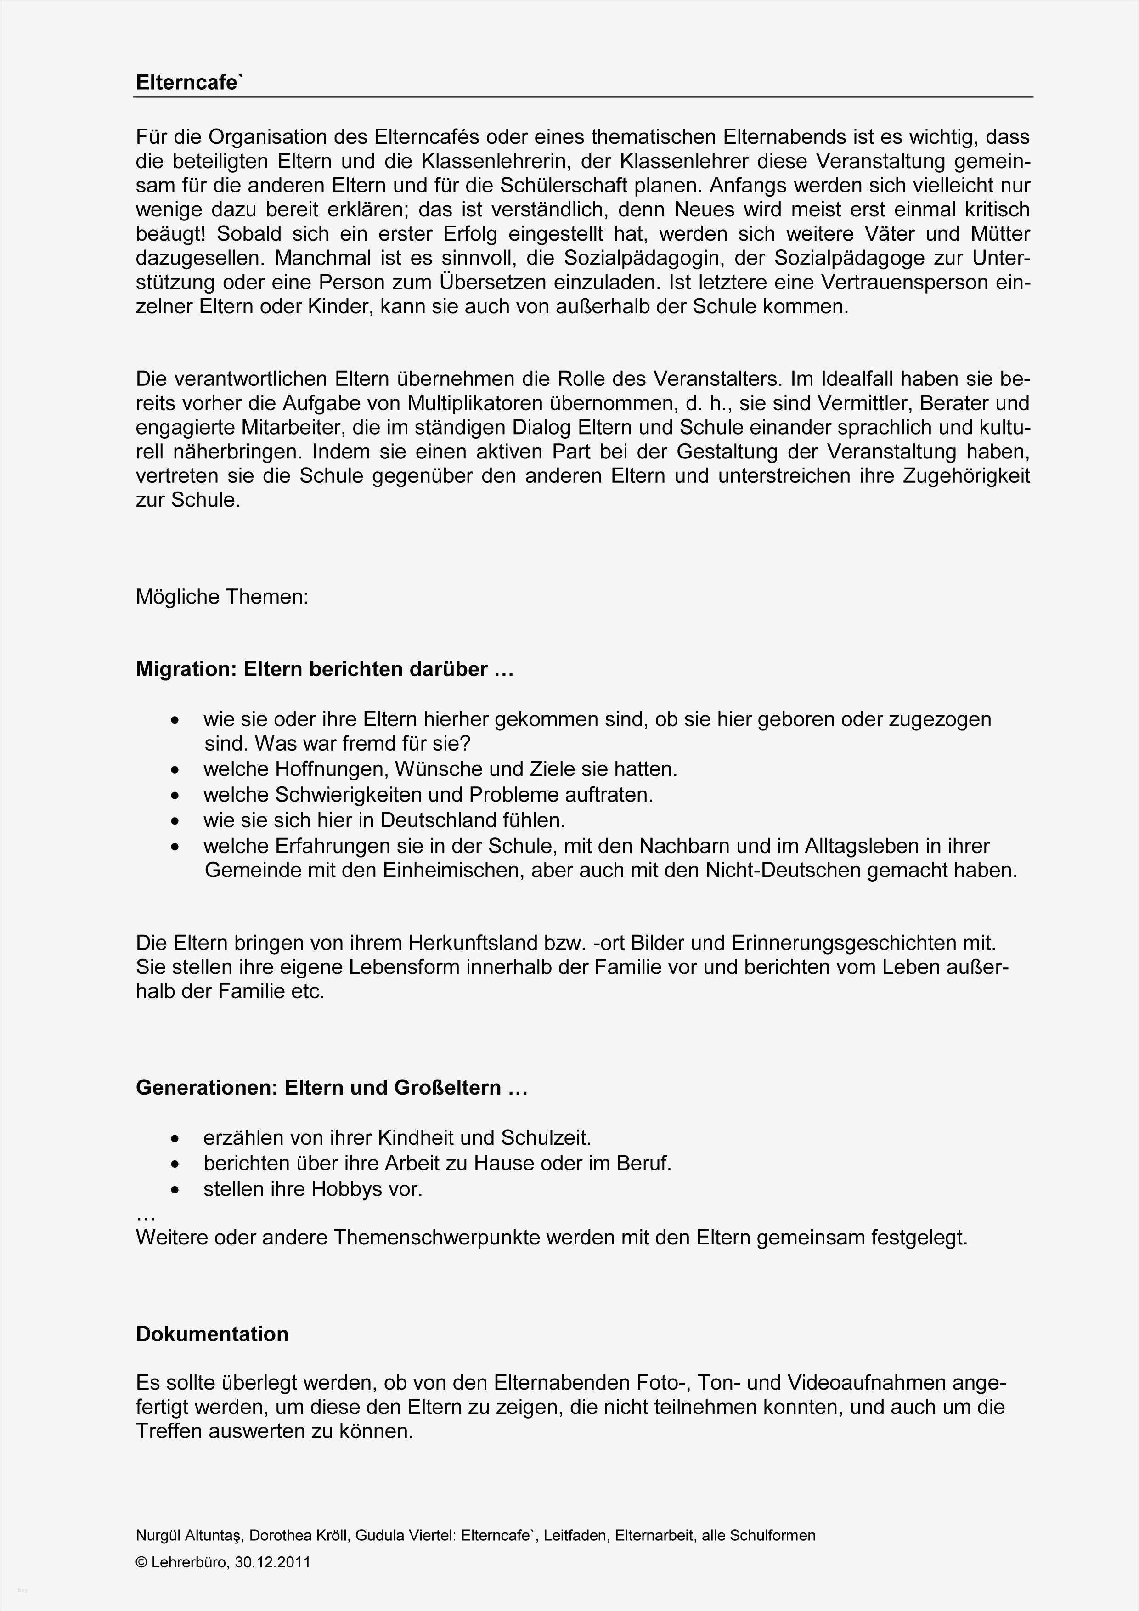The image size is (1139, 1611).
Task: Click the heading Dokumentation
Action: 212,1334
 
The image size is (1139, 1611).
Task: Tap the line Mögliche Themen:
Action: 222,597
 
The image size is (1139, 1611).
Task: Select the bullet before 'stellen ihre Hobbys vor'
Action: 175,1190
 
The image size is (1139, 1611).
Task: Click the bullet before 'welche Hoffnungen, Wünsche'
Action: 175,770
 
